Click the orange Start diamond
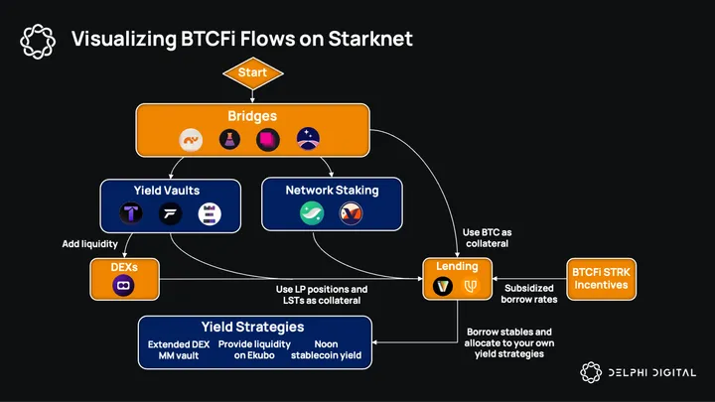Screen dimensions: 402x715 (252, 72)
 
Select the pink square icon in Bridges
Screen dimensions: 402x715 (267, 139)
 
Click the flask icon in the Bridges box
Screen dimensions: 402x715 (227, 139)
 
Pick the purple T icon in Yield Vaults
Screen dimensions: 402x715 (131, 212)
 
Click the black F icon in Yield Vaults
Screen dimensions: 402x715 (170, 212)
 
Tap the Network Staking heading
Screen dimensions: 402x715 (332, 190)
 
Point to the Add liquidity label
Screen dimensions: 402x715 (90, 243)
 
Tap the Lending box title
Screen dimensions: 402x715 (457, 266)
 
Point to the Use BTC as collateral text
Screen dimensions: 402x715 (487, 238)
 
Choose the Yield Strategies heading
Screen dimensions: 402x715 (252, 327)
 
